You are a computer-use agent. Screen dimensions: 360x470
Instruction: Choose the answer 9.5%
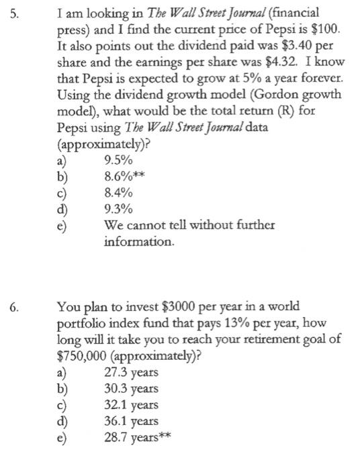pyautogui.click(x=119, y=161)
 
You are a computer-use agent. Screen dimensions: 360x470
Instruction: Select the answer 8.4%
pyautogui.click(x=118, y=193)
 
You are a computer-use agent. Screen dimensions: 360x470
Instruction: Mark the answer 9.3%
pyautogui.click(x=119, y=209)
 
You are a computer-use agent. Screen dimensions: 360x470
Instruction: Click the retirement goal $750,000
pyautogui.click(x=87, y=356)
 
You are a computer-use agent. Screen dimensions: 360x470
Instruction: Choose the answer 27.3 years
pyautogui.click(x=132, y=373)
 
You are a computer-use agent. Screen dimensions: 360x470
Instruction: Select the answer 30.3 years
pyautogui.click(x=132, y=389)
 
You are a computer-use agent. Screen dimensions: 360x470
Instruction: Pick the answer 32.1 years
pyautogui.click(x=132, y=405)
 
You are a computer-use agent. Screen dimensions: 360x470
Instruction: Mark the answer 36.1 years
pyautogui.click(x=132, y=422)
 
